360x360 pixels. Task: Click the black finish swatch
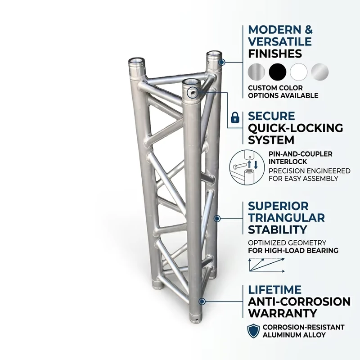click(x=278, y=72)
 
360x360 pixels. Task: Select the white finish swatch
click(x=299, y=72)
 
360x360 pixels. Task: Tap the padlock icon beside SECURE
click(x=235, y=117)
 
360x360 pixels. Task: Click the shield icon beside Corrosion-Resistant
click(x=253, y=331)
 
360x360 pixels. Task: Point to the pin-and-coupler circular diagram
click(x=247, y=167)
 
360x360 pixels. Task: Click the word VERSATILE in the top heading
click(x=280, y=41)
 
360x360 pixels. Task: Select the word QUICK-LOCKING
click(x=296, y=128)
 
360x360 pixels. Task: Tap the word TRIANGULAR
click(x=287, y=218)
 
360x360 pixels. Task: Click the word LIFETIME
click(x=275, y=290)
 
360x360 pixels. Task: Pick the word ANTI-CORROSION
click(x=299, y=301)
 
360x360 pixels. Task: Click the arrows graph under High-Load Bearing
click(x=267, y=265)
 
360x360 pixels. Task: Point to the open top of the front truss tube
click(x=190, y=82)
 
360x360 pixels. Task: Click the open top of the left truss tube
click(x=137, y=61)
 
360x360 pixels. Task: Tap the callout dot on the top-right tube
click(x=221, y=62)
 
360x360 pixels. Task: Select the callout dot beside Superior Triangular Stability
click(x=217, y=218)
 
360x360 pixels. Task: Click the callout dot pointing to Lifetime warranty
click(x=202, y=301)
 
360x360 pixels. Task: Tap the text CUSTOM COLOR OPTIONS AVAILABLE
click(x=283, y=92)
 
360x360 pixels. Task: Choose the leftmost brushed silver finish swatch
click(x=256, y=72)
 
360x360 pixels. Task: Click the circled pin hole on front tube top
click(x=193, y=93)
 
